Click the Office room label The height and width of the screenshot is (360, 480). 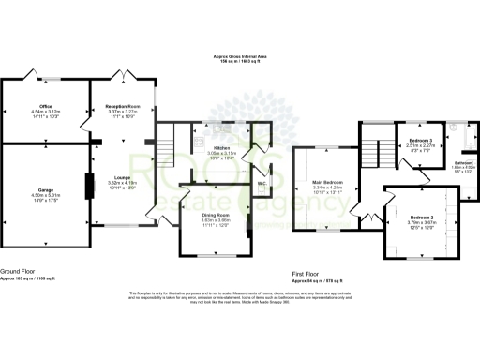pos(45,106)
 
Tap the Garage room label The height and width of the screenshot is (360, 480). pos(45,188)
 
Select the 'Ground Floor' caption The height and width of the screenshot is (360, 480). pos(19,270)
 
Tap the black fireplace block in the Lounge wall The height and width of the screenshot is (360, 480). pos(91,186)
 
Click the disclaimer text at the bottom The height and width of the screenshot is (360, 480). pos(239,297)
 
